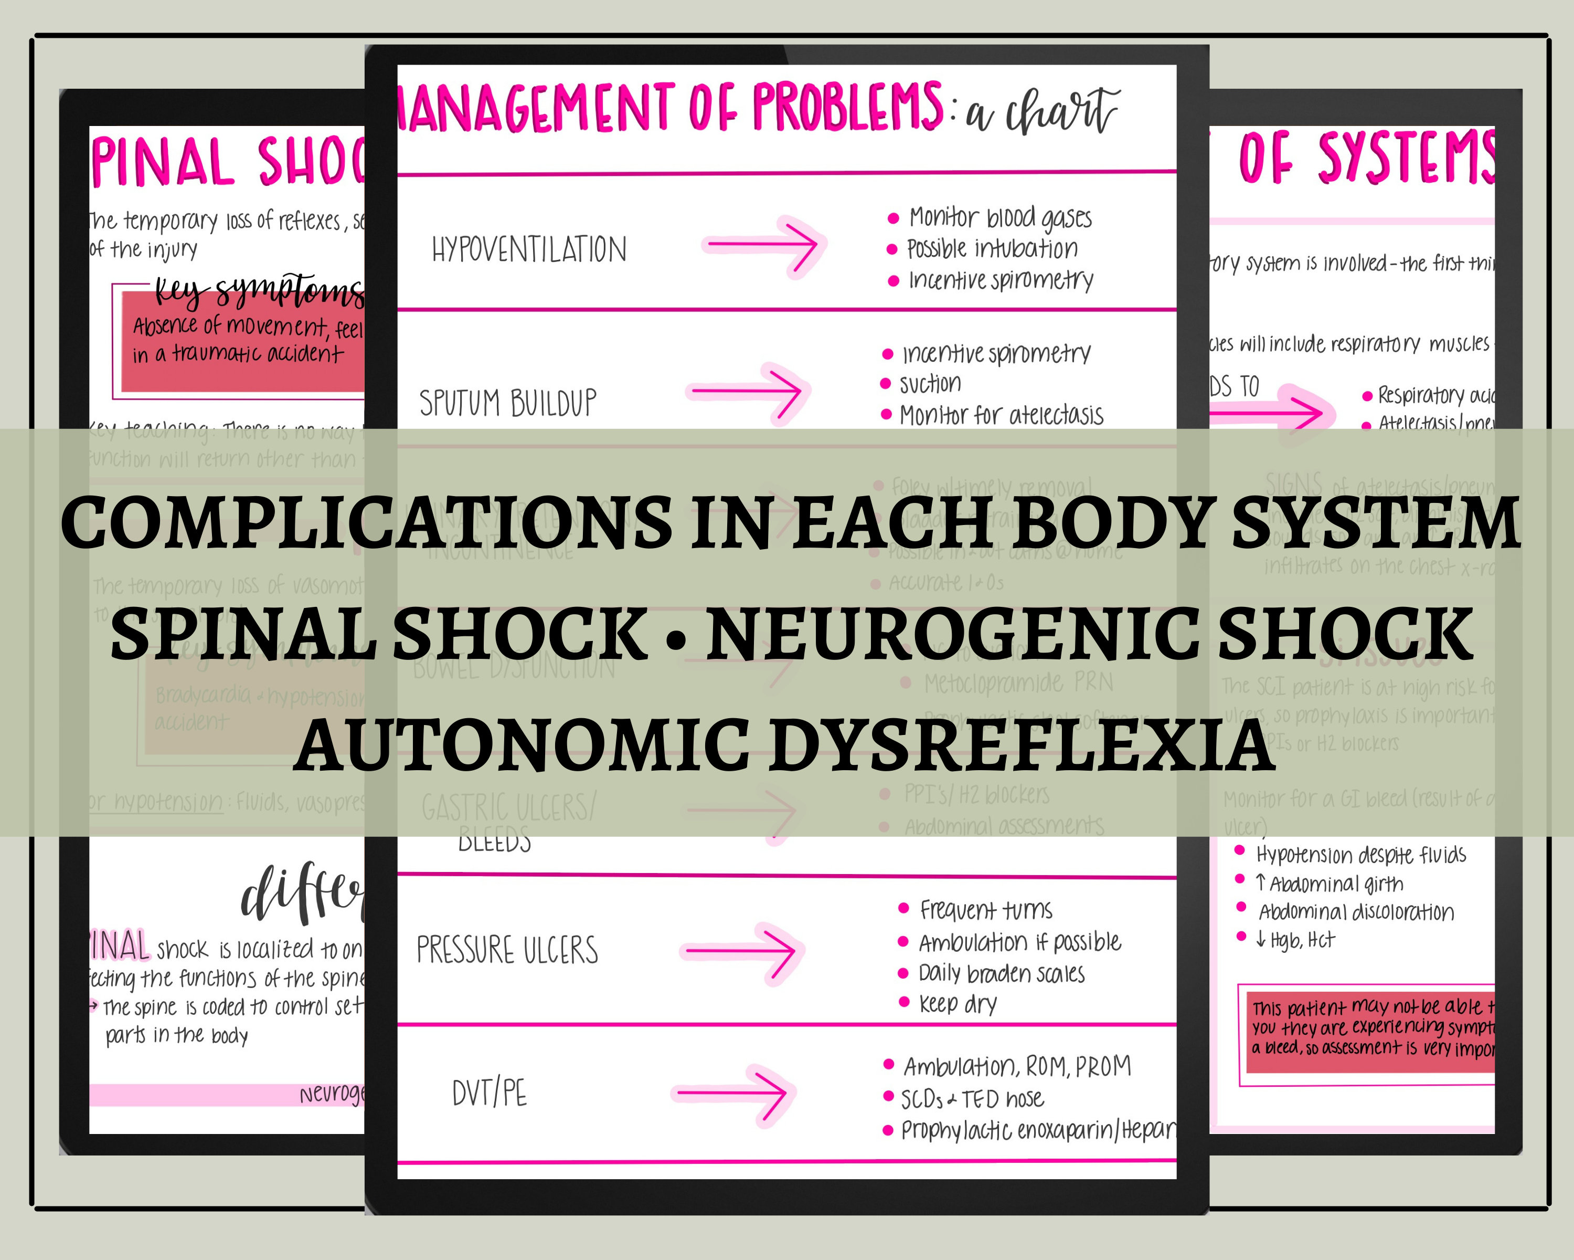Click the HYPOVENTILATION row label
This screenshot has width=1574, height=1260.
pos(529,250)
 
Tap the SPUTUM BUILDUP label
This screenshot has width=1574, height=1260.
pos(508,403)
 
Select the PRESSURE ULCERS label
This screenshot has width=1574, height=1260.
pos(507,950)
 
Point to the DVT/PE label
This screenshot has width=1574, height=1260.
pos(489,1094)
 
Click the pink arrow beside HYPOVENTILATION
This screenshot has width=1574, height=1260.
pos(763,245)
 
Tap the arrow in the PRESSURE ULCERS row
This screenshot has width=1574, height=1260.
pos(741,951)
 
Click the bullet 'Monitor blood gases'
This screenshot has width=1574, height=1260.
pos(1000,218)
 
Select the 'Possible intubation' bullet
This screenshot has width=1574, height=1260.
pos(992,249)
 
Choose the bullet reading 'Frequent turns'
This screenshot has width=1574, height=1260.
pos(985,910)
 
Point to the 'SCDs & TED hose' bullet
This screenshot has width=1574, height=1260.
pos(972,1099)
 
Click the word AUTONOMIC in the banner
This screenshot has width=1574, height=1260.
pos(522,745)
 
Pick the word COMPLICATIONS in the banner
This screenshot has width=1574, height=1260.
pos(365,522)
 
